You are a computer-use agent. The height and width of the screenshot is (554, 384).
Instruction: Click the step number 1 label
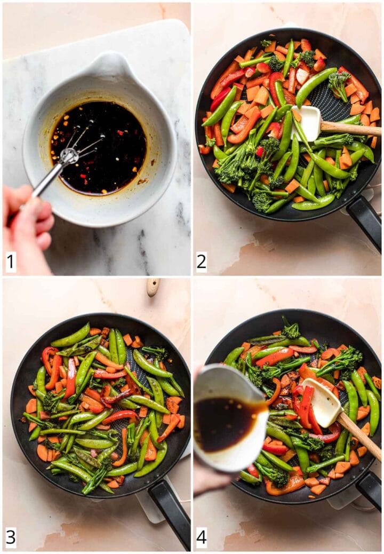coord(10,262)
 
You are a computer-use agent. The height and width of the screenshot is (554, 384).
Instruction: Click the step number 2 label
coord(202,262)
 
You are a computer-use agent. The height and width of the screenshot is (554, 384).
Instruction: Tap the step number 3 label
coord(10,537)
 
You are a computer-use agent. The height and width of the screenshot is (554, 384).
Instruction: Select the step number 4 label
coord(202,537)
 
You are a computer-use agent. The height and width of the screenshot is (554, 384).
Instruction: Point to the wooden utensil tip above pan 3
coord(153,287)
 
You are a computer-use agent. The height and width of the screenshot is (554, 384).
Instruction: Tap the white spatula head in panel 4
coord(322,401)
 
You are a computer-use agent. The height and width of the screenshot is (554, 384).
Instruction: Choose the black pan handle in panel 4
coord(370,488)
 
